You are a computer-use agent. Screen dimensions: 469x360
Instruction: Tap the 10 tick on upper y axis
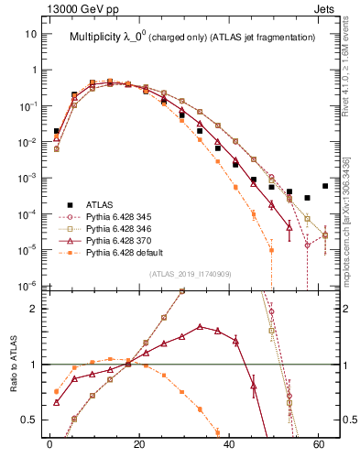tap(32, 34)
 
